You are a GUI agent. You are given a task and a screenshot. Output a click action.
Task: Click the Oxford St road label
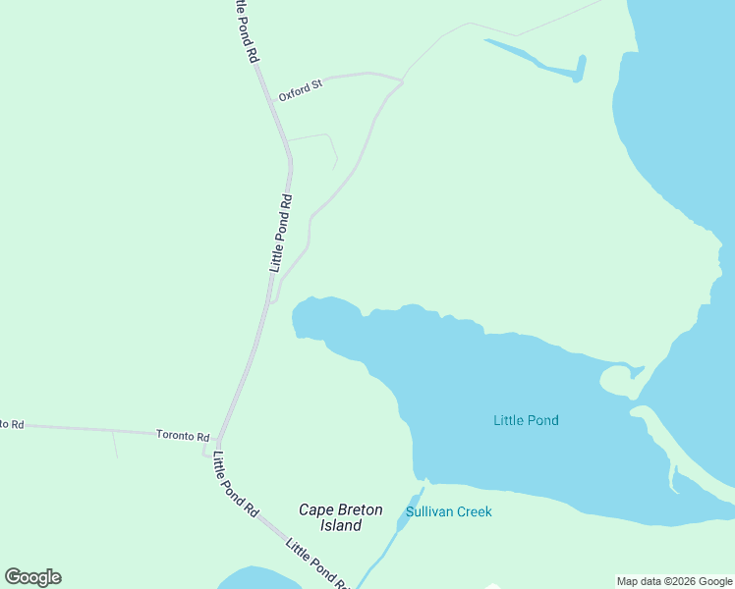pyautogui.click(x=300, y=91)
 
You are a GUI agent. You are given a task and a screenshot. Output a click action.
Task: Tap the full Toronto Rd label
pyautogui.click(x=183, y=435)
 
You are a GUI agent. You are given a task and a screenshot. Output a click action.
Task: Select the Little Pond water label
pyautogui.click(x=526, y=420)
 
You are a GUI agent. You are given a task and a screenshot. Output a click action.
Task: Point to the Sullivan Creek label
pyautogui.click(x=448, y=511)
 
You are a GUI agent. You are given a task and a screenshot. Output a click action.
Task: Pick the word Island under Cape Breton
pyautogui.click(x=340, y=525)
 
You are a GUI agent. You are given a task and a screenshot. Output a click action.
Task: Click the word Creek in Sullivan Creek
pyautogui.click(x=474, y=511)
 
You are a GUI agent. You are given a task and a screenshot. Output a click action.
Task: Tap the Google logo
pyautogui.click(x=32, y=577)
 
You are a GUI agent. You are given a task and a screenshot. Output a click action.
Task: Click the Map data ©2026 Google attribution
pyautogui.click(x=675, y=581)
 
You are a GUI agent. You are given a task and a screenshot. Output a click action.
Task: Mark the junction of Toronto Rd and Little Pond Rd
pyautogui.click(x=217, y=440)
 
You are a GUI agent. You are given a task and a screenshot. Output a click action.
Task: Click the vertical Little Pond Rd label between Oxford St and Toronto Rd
pyautogui.click(x=282, y=233)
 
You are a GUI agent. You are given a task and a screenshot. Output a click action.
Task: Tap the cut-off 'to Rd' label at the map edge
pyautogui.click(x=12, y=423)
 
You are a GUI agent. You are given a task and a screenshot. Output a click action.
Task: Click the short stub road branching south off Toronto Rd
pyautogui.click(x=115, y=445)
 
